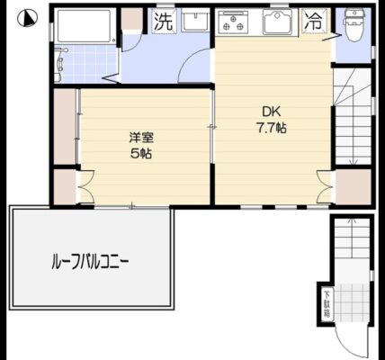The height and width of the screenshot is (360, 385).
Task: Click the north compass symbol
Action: [27, 18]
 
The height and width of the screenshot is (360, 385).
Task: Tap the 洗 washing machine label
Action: [164, 22]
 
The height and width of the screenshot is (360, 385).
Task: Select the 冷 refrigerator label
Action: [314, 22]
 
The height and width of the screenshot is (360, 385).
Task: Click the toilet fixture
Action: [354, 24]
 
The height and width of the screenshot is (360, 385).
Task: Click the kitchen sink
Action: [278, 22]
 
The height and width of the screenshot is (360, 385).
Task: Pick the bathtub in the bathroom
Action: [85, 26]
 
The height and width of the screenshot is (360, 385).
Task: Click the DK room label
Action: [272, 112]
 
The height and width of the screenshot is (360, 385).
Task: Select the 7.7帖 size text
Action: [271, 128]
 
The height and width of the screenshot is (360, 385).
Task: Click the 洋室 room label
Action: [141, 138]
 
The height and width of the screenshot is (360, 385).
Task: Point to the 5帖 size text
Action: [141, 154]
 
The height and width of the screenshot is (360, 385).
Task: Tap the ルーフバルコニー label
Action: [90, 262]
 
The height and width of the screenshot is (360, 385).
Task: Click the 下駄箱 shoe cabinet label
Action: [327, 304]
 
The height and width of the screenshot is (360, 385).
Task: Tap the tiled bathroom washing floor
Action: [87, 64]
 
